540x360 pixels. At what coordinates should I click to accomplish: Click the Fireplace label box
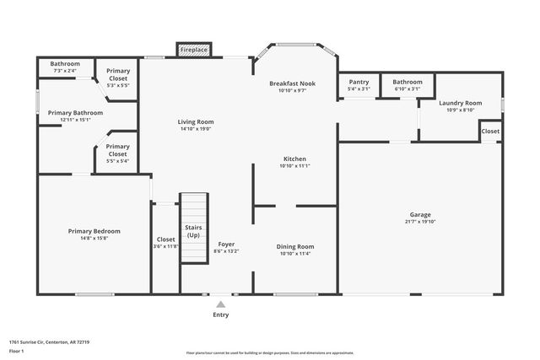coord(194,51)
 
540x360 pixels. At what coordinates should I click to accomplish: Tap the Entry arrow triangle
coord(220,304)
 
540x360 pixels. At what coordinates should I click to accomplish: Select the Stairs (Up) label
coord(193,231)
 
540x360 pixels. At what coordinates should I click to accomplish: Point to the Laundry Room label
coord(460,103)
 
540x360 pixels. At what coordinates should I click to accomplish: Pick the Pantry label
coord(359,82)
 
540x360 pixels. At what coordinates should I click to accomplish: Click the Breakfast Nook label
coord(292,83)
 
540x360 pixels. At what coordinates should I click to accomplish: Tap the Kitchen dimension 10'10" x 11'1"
coord(294,166)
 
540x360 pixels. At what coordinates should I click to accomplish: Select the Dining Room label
coord(294,246)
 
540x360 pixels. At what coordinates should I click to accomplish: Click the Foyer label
coord(226,244)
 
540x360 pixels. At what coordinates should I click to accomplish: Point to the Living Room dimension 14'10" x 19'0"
coord(195,129)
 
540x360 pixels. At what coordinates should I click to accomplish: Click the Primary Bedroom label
coord(94,231)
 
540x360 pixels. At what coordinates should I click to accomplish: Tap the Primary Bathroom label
coord(75,113)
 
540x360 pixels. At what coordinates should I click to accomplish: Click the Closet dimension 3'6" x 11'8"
coord(165,247)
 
